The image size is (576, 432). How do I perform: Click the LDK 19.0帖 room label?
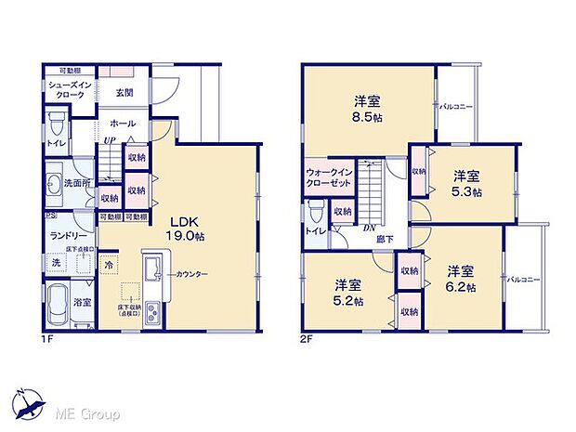click(x=186, y=229)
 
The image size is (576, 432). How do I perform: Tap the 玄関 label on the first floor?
click(x=124, y=92)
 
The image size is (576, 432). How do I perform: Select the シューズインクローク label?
click(x=67, y=89)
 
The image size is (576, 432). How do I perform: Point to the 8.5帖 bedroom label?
click(x=371, y=109)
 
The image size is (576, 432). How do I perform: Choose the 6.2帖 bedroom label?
click(x=461, y=279)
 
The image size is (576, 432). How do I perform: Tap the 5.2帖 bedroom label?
click(x=348, y=291)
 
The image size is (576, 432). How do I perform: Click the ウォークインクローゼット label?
click(x=327, y=178)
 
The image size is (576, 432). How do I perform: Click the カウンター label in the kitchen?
click(x=188, y=274)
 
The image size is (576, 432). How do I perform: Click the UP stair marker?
click(x=110, y=140)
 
